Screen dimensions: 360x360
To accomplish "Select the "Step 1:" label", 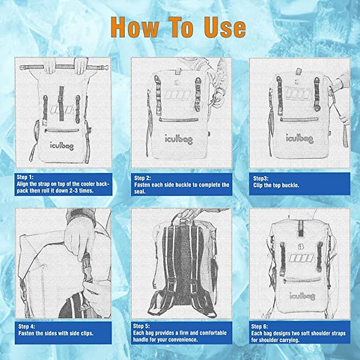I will pos(25,177).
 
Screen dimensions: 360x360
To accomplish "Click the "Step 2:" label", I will pos(142,178).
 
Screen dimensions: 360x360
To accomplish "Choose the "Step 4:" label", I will pos(27,326).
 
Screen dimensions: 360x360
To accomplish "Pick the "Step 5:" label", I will pos(142,326).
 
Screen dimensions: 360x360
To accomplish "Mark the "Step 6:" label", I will pos(260,326).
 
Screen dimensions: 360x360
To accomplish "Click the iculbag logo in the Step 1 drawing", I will pos(62,146).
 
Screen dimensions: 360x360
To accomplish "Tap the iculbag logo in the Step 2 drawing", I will pos(179,139).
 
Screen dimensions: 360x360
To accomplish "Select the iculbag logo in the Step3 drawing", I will pos(299,139).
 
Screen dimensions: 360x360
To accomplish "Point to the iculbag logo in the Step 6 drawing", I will pos(302,296).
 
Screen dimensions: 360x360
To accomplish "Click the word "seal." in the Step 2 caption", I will pos(140,192).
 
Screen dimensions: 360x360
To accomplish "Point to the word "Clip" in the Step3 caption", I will pos(258,185).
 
